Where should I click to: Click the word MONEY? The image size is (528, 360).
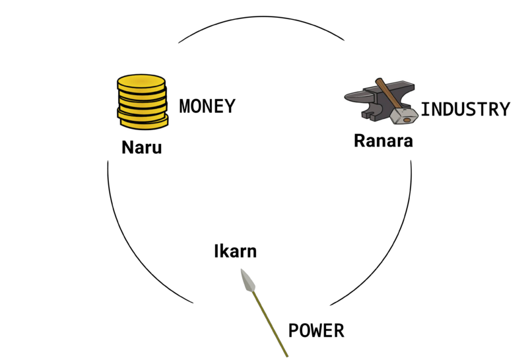coord(207,106)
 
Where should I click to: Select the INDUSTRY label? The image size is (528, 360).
coord(465,109)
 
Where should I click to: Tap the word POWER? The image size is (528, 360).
coord(316,330)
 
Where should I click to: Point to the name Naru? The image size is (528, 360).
coord(141,147)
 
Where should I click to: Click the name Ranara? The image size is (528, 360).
coord(383,141)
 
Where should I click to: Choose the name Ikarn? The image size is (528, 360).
coord(235,251)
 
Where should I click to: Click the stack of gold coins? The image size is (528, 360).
coord(142,101)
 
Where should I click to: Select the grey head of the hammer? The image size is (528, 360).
coord(402,117)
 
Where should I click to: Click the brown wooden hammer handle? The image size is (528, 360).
coord(387,95)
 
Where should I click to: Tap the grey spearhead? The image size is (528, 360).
coord(248,281)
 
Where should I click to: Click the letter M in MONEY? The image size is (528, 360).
coord(185,106)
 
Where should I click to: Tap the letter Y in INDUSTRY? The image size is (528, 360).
coord(504,109)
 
